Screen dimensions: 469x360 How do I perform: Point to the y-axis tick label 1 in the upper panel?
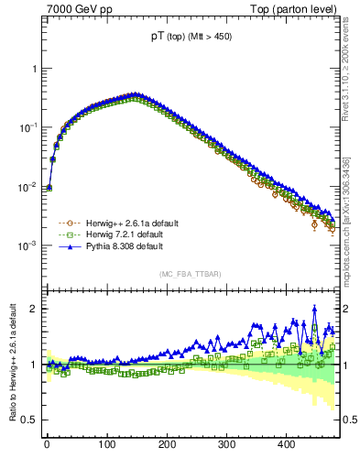(x=34, y=69)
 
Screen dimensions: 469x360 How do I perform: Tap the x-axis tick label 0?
(x=47, y=444)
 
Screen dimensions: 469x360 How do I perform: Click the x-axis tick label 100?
(x=107, y=444)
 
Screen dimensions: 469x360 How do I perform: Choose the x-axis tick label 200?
(x=168, y=444)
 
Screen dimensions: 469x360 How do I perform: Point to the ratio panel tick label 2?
(x=34, y=309)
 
